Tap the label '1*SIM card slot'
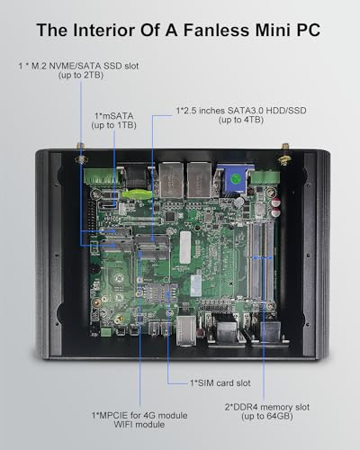point(220,383)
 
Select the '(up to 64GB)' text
point(267,416)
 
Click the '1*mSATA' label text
point(114,116)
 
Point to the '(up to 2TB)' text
point(81,75)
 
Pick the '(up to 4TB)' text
point(241,120)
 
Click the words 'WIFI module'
point(139,425)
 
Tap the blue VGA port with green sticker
point(235,179)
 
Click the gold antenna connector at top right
point(283,155)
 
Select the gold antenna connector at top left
point(81,155)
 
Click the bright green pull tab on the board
point(137,193)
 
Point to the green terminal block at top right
point(265,177)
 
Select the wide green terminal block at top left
point(99,176)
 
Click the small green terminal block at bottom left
point(105,332)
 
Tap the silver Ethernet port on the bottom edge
point(186,330)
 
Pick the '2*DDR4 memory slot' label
point(267,407)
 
